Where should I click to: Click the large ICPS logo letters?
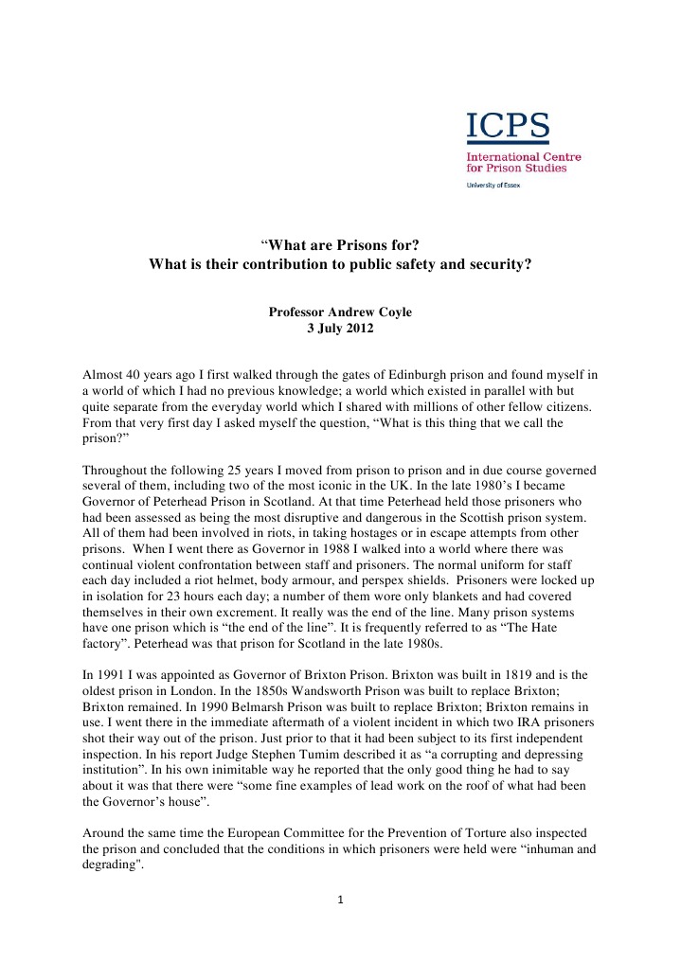(x=507, y=126)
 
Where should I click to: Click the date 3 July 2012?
(x=340, y=329)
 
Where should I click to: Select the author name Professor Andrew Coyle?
(x=340, y=312)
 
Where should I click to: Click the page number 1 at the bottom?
(x=340, y=900)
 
